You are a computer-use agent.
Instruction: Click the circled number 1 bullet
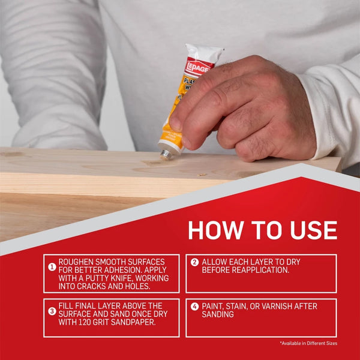(52, 266)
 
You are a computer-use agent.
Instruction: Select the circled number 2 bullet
(194, 262)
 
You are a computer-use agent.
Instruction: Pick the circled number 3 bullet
(52, 310)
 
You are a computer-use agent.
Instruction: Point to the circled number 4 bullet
(194, 307)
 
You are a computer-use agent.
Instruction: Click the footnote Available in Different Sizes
(308, 343)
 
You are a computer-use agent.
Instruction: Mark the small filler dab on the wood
(202, 175)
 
